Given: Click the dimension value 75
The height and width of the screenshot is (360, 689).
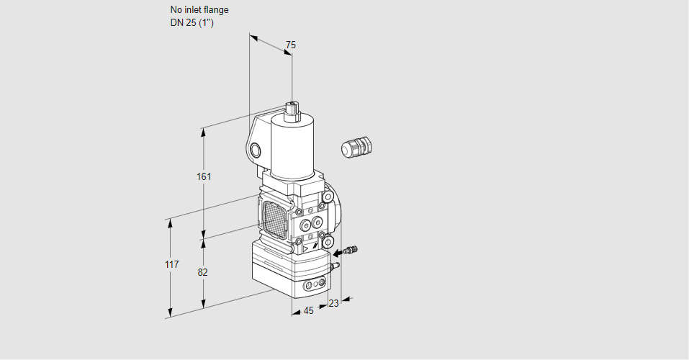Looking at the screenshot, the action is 290,45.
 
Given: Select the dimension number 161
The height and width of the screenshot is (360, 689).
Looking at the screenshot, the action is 204,176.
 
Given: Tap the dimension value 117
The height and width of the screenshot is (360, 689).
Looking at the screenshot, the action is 172,264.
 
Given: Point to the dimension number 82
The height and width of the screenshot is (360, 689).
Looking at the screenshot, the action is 202,273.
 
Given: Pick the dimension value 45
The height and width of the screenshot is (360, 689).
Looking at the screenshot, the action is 308,311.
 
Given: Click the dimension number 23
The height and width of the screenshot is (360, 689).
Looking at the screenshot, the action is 333,303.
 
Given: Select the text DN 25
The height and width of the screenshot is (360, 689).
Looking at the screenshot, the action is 184,23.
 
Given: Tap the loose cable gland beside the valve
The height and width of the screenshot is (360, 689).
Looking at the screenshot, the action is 356,147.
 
